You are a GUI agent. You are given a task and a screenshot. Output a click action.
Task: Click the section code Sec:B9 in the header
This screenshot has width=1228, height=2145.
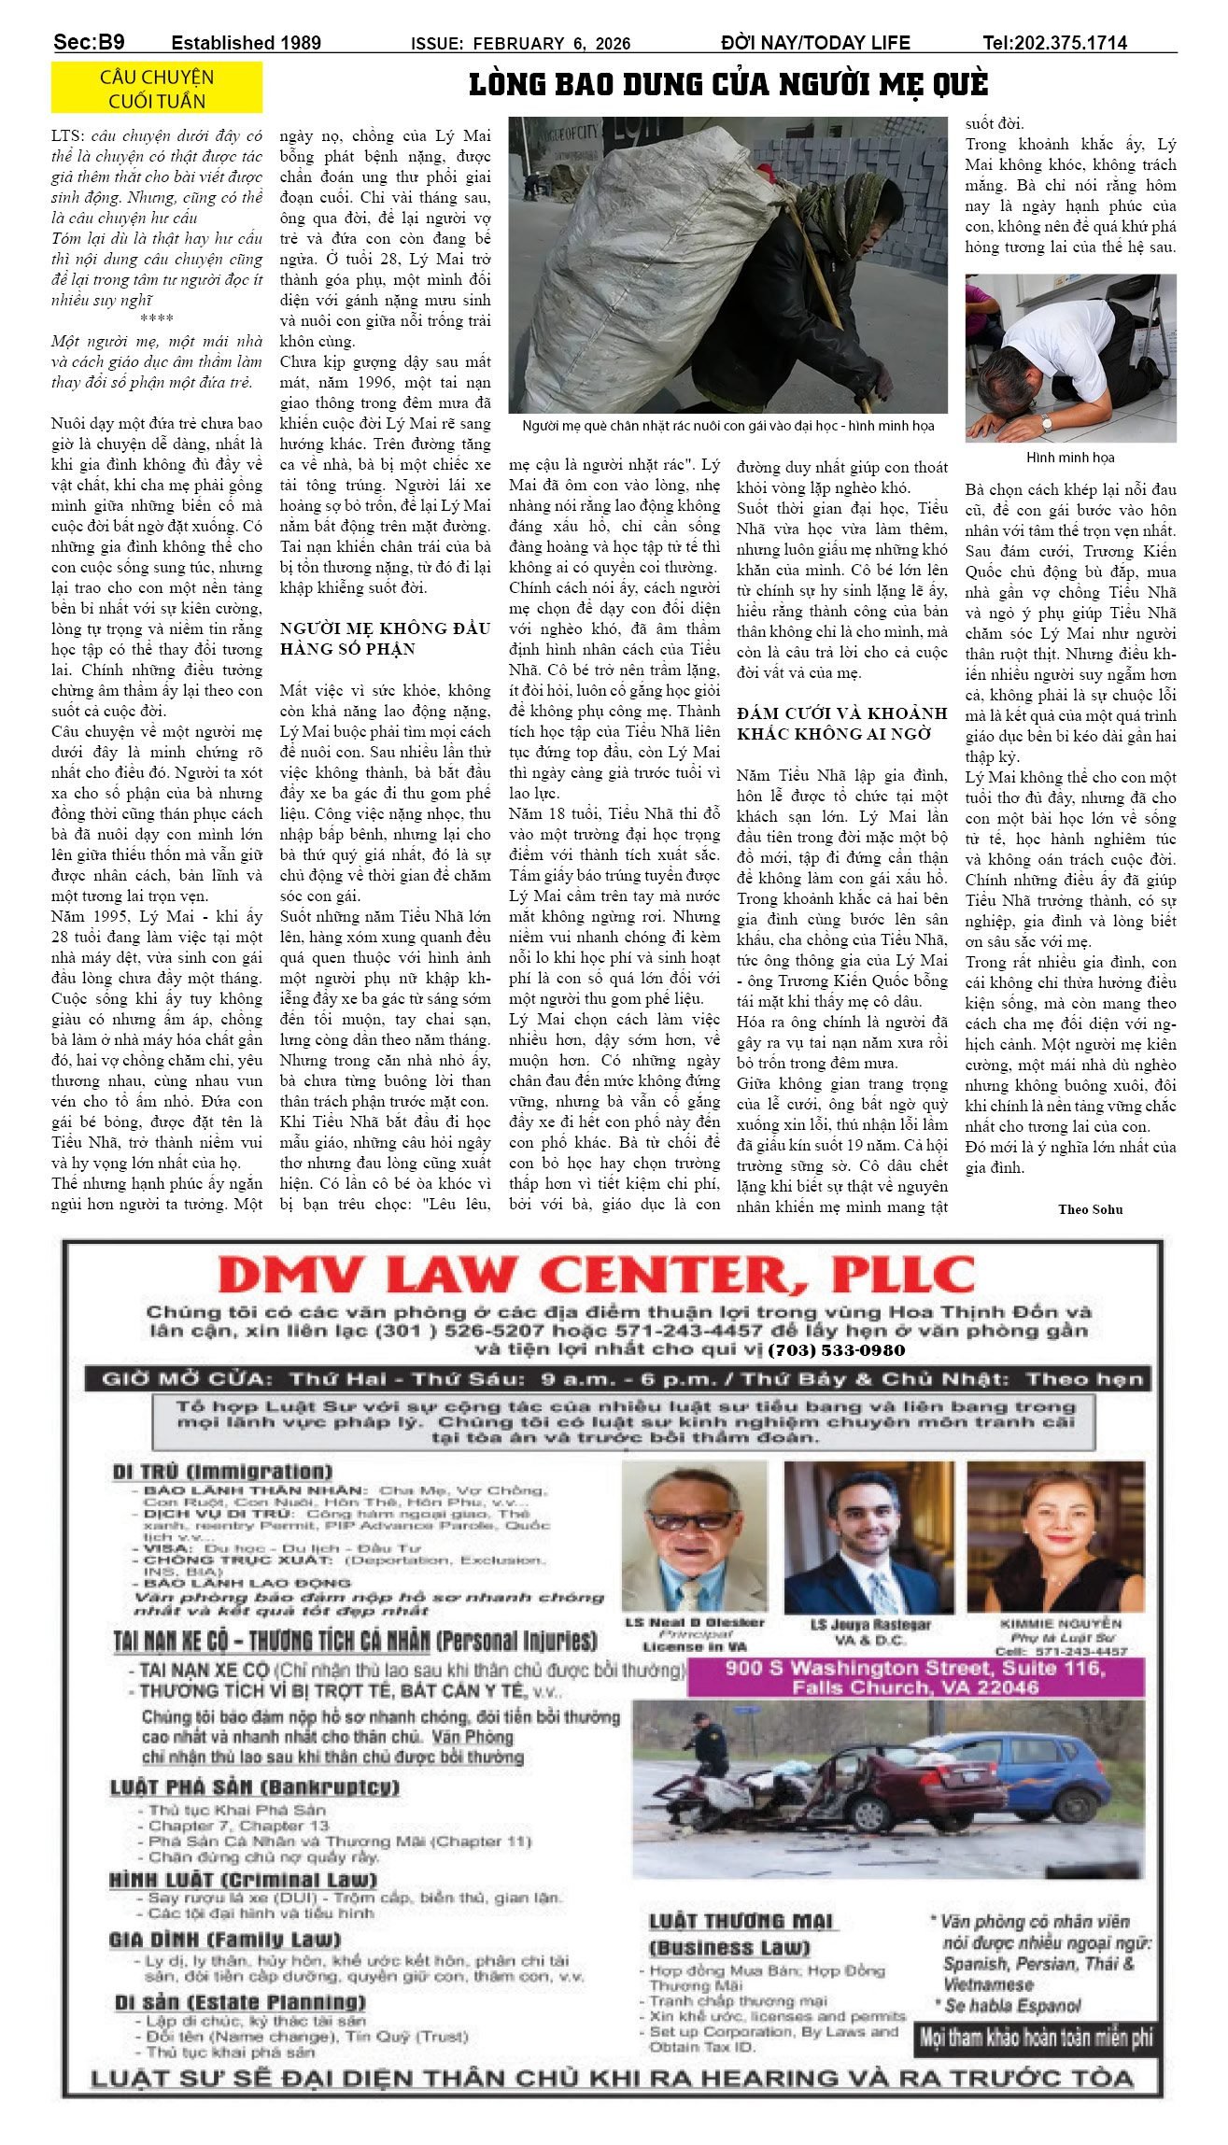tap(89, 42)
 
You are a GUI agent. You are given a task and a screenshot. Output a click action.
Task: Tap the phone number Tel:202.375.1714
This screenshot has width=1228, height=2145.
tap(1054, 42)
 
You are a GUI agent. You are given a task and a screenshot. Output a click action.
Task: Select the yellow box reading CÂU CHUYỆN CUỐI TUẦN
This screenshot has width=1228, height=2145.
tap(157, 89)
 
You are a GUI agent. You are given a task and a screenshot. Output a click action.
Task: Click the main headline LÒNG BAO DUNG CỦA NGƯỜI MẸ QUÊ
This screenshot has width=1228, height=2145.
tap(727, 85)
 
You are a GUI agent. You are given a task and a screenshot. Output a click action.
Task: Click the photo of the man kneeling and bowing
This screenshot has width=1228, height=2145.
tap(1070, 358)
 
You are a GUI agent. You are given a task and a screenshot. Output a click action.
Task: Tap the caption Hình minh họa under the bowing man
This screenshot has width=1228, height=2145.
tap(1070, 458)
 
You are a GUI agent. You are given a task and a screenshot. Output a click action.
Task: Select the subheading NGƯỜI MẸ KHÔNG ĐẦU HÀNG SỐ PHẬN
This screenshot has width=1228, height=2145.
tap(385, 639)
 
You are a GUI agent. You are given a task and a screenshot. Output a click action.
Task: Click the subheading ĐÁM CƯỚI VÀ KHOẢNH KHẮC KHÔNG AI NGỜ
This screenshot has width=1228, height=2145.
tap(841, 723)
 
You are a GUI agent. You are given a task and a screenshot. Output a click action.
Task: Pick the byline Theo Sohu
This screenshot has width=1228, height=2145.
tap(1090, 1209)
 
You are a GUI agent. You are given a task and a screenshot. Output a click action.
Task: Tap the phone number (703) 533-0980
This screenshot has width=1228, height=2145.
tap(837, 1350)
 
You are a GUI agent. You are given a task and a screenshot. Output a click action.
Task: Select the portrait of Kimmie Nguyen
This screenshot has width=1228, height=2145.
tap(1055, 1538)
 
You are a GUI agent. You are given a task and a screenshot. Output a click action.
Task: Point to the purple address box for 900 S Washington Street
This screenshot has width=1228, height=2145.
tap(915, 1677)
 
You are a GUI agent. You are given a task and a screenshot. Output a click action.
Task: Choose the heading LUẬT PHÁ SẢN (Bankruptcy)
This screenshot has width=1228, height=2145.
tap(254, 1787)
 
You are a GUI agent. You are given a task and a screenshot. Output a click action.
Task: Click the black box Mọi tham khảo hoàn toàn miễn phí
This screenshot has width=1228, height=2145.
tap(1036, 2038)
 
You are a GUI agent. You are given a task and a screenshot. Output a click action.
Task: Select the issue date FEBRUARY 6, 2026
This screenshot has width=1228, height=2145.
tap(551, 44)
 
